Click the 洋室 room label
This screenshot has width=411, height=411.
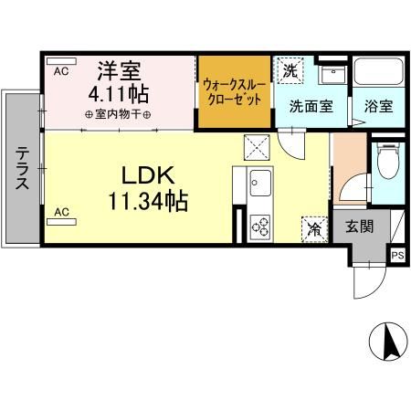click(119, 71)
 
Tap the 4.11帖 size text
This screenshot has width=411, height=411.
click(119, 94)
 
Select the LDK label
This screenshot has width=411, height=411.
click(148, 175)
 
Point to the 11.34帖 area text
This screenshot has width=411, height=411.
click(148, 201)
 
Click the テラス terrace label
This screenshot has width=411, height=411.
click(22, 168)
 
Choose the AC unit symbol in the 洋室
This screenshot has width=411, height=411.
click(61, 61)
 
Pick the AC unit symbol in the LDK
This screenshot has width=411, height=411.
click(61, 222)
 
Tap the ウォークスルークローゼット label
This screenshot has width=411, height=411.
click(234, 92)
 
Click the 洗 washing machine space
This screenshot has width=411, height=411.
click(290, 70)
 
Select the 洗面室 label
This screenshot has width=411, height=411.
click(311, 106)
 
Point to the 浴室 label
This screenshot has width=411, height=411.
click(378, 106)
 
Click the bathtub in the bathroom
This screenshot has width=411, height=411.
click(379, 71)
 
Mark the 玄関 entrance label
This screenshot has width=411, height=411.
click(359, 227)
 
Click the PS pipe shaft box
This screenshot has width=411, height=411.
click(397, 255)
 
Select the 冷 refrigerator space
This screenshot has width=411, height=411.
click(315, 229)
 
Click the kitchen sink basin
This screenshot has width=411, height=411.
click(260, 183)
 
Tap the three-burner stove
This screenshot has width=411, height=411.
click(260, 227)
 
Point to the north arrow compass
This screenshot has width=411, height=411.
click(388, 342)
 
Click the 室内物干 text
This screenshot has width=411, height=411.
click(118, 114)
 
